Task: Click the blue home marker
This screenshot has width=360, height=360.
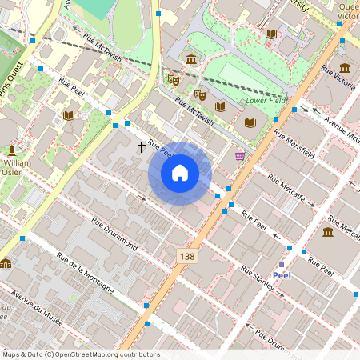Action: pyautogui.click(x=180, y=172)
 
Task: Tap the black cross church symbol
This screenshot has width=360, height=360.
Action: pyautogui.click(x=142, y=146)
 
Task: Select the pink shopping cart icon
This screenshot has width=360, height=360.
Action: pyautogui.click(x=240, y=155)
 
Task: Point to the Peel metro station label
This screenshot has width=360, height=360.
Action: pyautogui.click(x=282, y=275)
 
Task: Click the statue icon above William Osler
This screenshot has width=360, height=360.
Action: pyautogui.click(x=12, y=150)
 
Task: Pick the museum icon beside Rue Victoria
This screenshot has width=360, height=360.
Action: pyautogui.click(x=344, y=68)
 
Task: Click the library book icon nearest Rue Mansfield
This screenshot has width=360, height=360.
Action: pyautogui.click(x=250, y=122)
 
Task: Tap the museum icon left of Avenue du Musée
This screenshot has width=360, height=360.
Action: pyautogui.click(x=6, y=264)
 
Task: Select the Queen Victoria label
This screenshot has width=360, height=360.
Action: pyautogui.click(x=349, y=10)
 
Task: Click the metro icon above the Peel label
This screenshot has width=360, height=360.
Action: pyautogui.click(x=282, y=263)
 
